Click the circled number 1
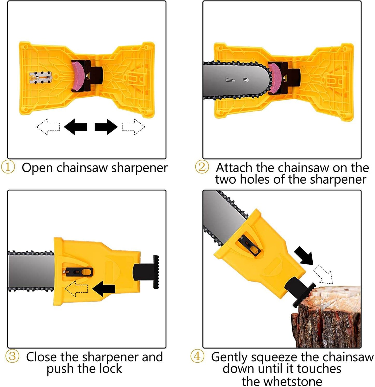click(x=8, y=167)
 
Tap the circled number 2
click(x=202, y=167)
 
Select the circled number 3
click(x=12, y=356)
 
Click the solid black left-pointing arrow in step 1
click(x=75, y=127)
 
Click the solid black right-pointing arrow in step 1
click(x=106, y=127)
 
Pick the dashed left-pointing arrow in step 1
click(x=48, y=127)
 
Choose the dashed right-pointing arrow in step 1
click(x=133, y=127)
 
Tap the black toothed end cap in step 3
click(x=156, y=272)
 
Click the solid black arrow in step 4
click(x=304, y=256)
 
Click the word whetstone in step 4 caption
click(x=282, y=381)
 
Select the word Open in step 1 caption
click(x=37, y=168)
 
